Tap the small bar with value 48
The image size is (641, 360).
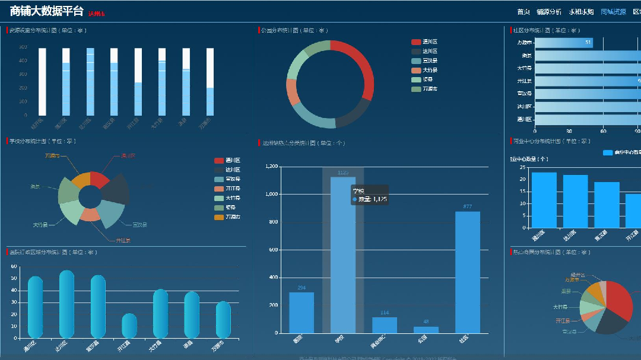coord(426,330)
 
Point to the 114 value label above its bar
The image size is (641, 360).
coord(385,313)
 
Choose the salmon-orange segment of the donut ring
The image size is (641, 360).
coord(292,91)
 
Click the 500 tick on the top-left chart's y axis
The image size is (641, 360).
coord(23,48)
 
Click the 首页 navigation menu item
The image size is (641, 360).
coord(523,12)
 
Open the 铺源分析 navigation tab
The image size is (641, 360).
coord(548,12)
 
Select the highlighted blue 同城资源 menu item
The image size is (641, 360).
coord(613,12)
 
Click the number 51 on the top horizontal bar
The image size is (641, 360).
coord(588,43)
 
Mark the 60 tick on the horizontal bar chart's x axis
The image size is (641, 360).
coord(603,131)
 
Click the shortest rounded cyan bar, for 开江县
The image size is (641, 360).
coord(129,326)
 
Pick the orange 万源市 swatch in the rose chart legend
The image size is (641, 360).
coord(218,217)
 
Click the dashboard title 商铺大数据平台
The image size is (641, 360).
coord(46,11)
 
